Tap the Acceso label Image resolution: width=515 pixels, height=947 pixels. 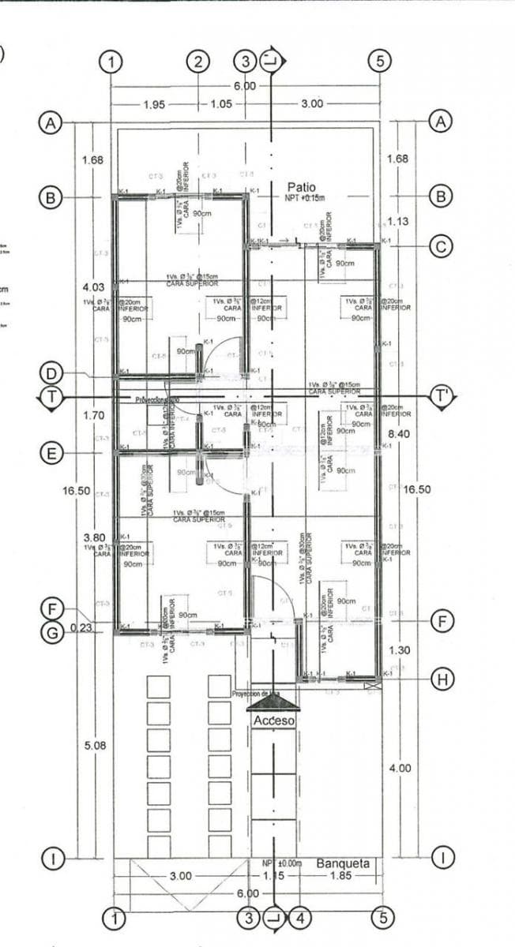tap(273, 721)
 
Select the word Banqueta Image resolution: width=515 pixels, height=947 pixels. tap(343, 863)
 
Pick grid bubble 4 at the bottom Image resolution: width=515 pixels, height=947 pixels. tap(299, 918)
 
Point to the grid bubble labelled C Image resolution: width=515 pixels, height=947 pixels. tap(440, 246)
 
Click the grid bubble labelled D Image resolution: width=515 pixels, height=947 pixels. tap(51, 372)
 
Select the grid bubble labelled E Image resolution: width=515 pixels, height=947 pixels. tap(51, 454)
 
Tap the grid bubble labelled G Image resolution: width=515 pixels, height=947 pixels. tap(51, 633)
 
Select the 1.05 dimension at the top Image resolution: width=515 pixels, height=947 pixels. tap(221, 104)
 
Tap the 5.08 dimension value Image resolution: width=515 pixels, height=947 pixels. tap(93, 744)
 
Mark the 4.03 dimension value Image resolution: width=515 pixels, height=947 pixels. tap(93, 287)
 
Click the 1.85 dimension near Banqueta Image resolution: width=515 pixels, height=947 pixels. tap(340, 877)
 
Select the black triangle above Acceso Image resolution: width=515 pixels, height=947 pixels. tap(273, 702)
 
